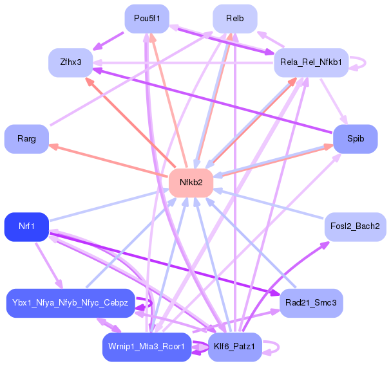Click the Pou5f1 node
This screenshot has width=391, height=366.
146,18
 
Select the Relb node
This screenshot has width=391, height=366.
234,18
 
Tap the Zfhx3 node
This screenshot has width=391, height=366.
70,62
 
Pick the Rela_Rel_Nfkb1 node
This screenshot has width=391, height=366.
311,62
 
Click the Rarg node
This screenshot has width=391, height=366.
26,138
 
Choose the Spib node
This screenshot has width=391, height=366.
355,138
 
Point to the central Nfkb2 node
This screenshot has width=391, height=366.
191,183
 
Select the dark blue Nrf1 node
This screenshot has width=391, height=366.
26,226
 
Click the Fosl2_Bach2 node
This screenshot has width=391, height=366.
355,226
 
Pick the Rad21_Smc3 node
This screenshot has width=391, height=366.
311,303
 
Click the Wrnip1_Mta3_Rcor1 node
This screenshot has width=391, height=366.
146,347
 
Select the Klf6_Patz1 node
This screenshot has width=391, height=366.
234,347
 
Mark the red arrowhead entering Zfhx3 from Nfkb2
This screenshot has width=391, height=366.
86,80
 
